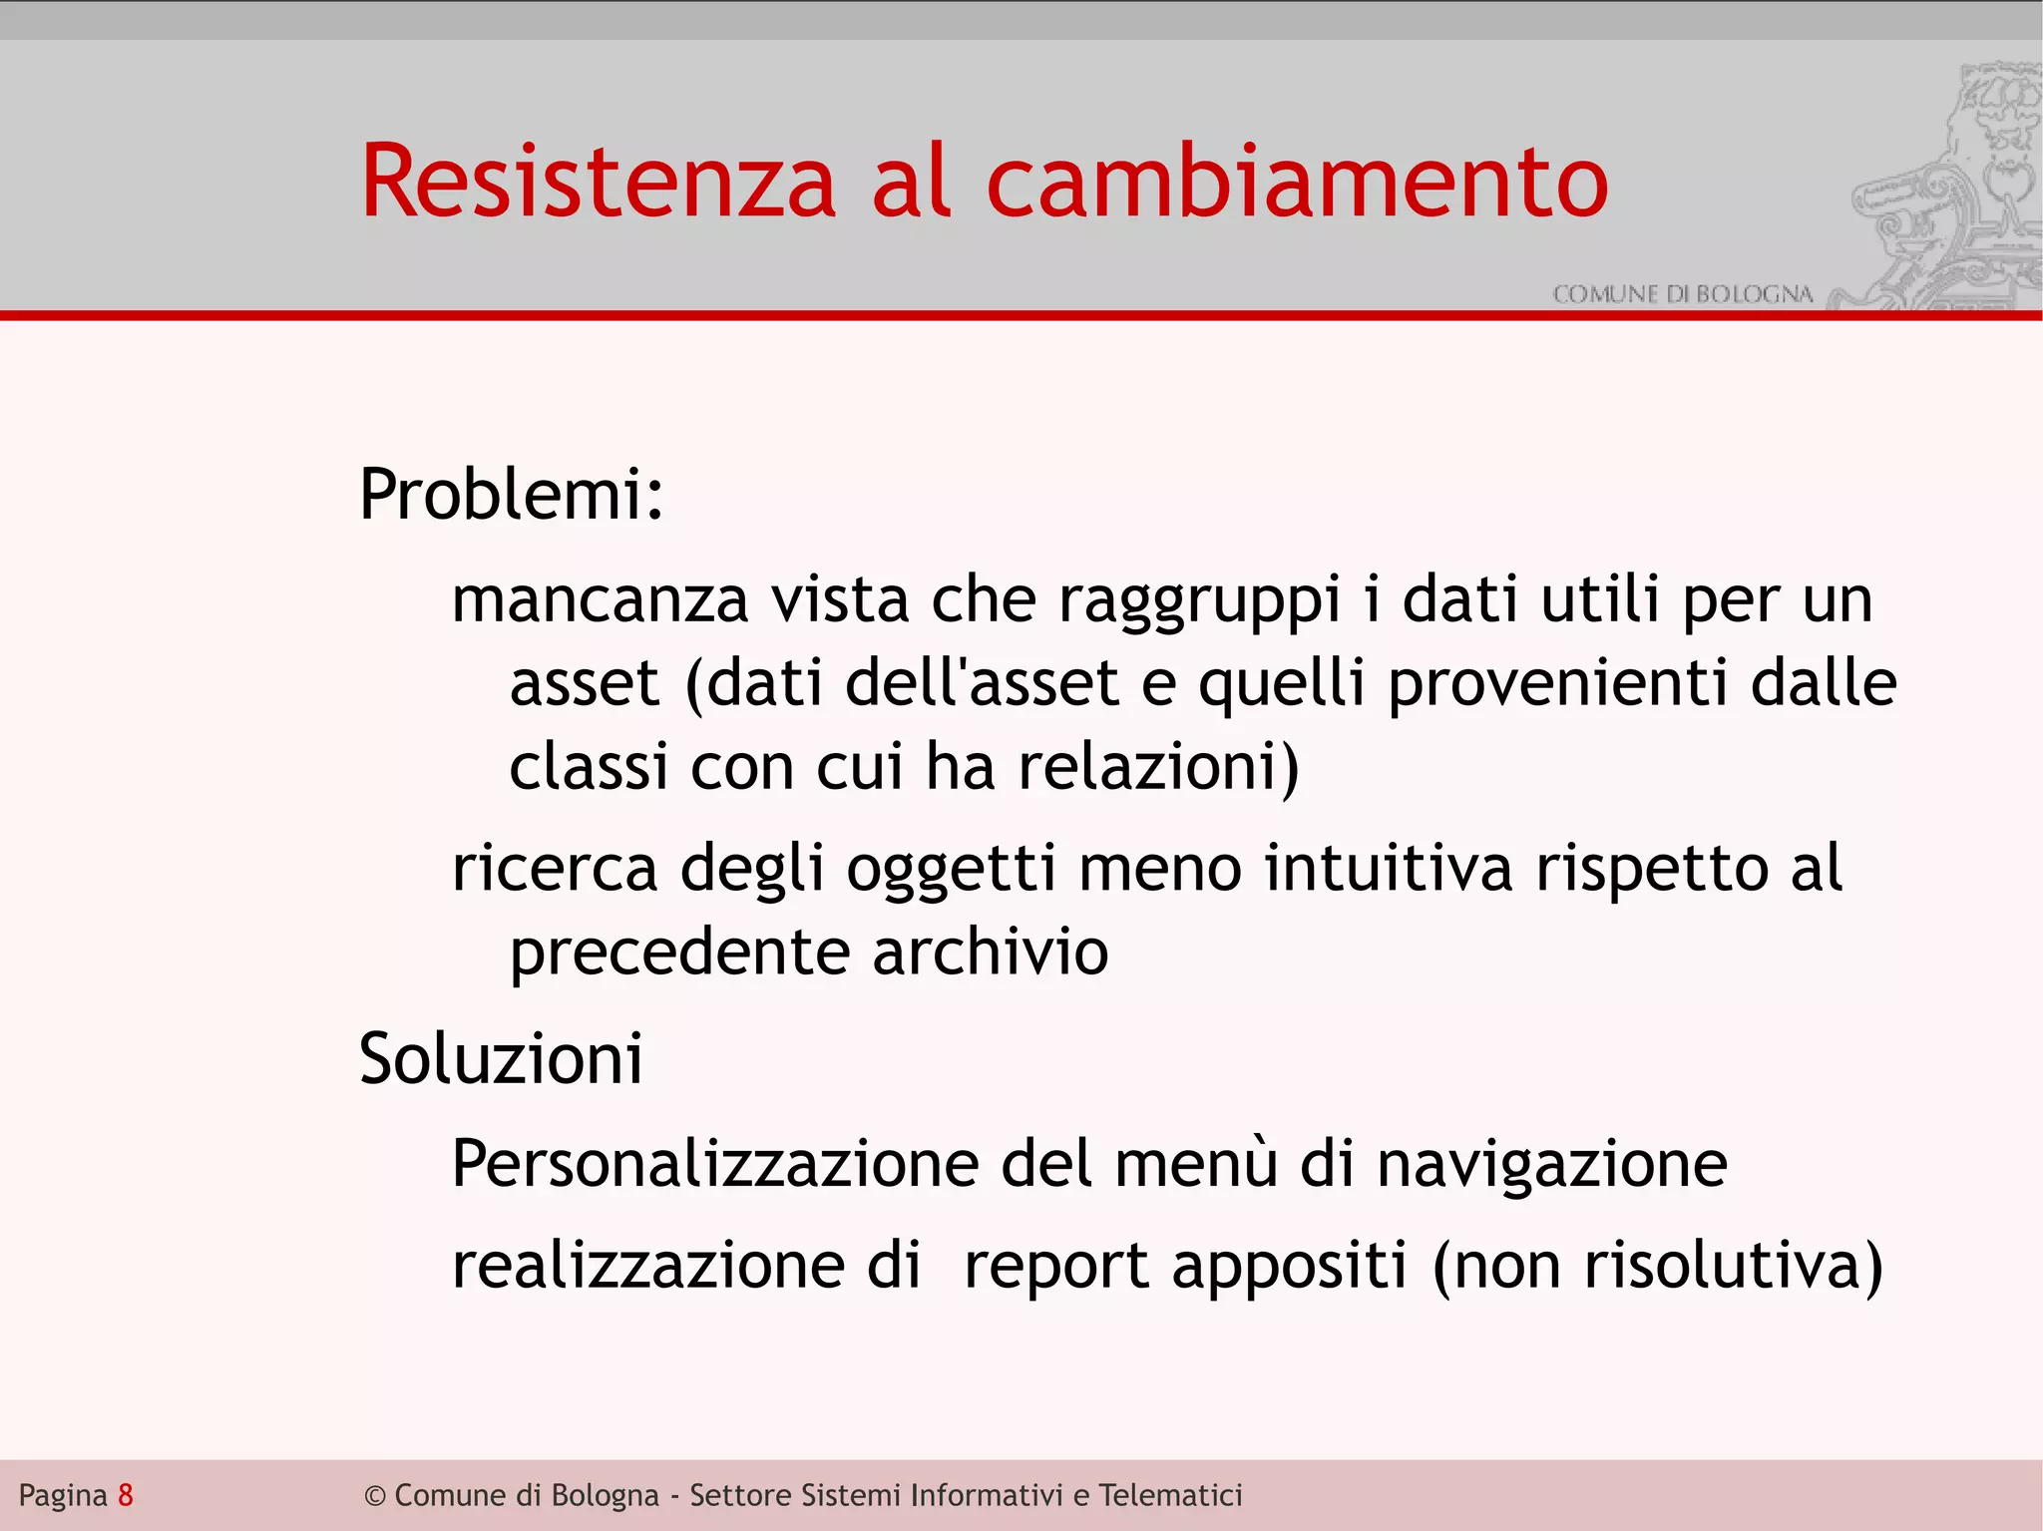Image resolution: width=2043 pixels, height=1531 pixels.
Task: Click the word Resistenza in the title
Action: [598, 182]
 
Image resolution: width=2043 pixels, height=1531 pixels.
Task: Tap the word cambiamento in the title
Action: [1297, 182]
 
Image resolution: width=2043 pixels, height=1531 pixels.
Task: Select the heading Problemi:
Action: [511, 494]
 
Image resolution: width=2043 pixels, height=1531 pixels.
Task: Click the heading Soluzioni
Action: [501, 1058]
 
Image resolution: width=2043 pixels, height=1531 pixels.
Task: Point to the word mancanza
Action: [600, 600]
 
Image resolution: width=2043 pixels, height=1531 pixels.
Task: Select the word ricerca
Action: [555, 868]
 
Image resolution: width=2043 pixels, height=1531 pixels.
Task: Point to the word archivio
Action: [990, 952]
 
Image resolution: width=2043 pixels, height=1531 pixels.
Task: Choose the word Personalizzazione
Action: [715, 1164]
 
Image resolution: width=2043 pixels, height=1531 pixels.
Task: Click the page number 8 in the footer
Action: [126, 1495]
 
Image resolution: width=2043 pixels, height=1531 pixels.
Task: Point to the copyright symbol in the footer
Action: [374, 1496]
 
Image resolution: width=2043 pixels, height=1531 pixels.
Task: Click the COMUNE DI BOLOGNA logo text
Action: [1682, 294]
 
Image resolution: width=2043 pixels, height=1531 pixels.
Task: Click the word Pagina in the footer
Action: [63, 1496]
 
